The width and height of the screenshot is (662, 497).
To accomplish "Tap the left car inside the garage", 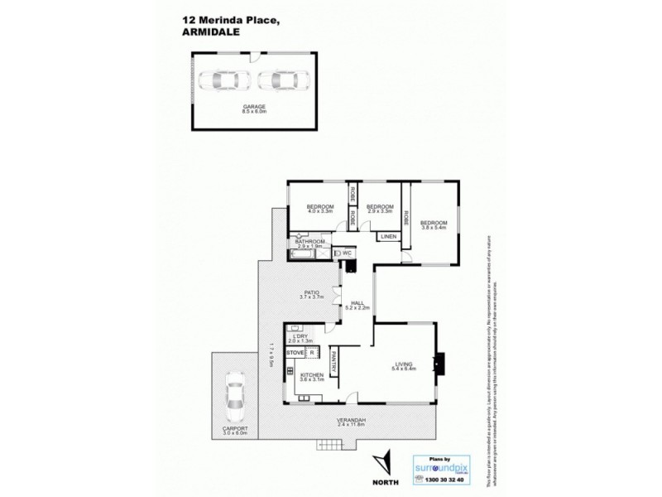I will click(224, 80).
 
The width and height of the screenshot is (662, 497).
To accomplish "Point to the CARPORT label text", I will click(234, 430).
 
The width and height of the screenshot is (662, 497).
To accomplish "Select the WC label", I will click(347, 253).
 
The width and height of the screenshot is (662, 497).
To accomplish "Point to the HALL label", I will click(357, 303).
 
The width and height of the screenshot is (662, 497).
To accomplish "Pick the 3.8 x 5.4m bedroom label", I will click(433, 224).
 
